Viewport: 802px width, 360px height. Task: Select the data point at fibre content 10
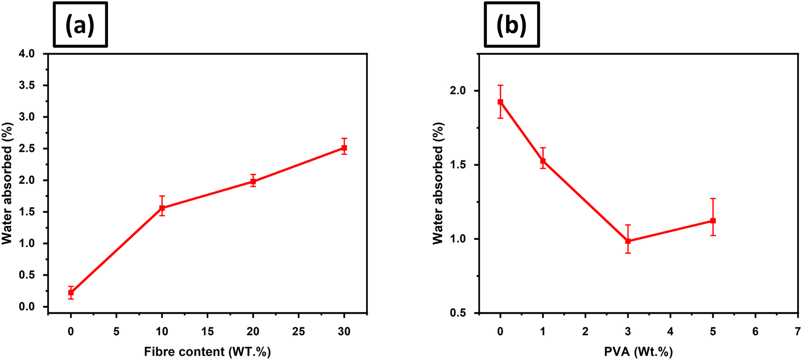click(162, 208)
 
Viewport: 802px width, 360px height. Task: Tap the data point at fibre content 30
click(344, 148)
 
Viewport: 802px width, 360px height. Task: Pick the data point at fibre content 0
click(71, 293)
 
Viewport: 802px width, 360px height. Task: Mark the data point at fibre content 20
click(253, 181)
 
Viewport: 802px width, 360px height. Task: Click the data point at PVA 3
click(628, 241)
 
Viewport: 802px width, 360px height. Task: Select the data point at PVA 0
click(501, 102)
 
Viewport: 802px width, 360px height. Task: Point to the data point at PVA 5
click(713, 221)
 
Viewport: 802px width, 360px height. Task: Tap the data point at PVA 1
click(543, 161)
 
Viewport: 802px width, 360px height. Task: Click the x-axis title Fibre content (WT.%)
click(207, 352)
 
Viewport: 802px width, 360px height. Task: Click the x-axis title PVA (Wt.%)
click(638, 352)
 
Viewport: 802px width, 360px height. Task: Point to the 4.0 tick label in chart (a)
click(27, 54)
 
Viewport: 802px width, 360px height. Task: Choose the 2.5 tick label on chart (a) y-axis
click(27, 148)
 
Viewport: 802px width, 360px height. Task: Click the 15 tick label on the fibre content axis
click(207, 332)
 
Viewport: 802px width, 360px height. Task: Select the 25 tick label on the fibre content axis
click(299, 332)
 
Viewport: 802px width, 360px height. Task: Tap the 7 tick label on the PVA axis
click(798, 332)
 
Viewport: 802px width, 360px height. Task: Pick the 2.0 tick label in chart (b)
click(458, 91)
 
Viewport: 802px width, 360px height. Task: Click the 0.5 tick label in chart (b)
click(458, 313)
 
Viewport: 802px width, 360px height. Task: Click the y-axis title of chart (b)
click(438, 183)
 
